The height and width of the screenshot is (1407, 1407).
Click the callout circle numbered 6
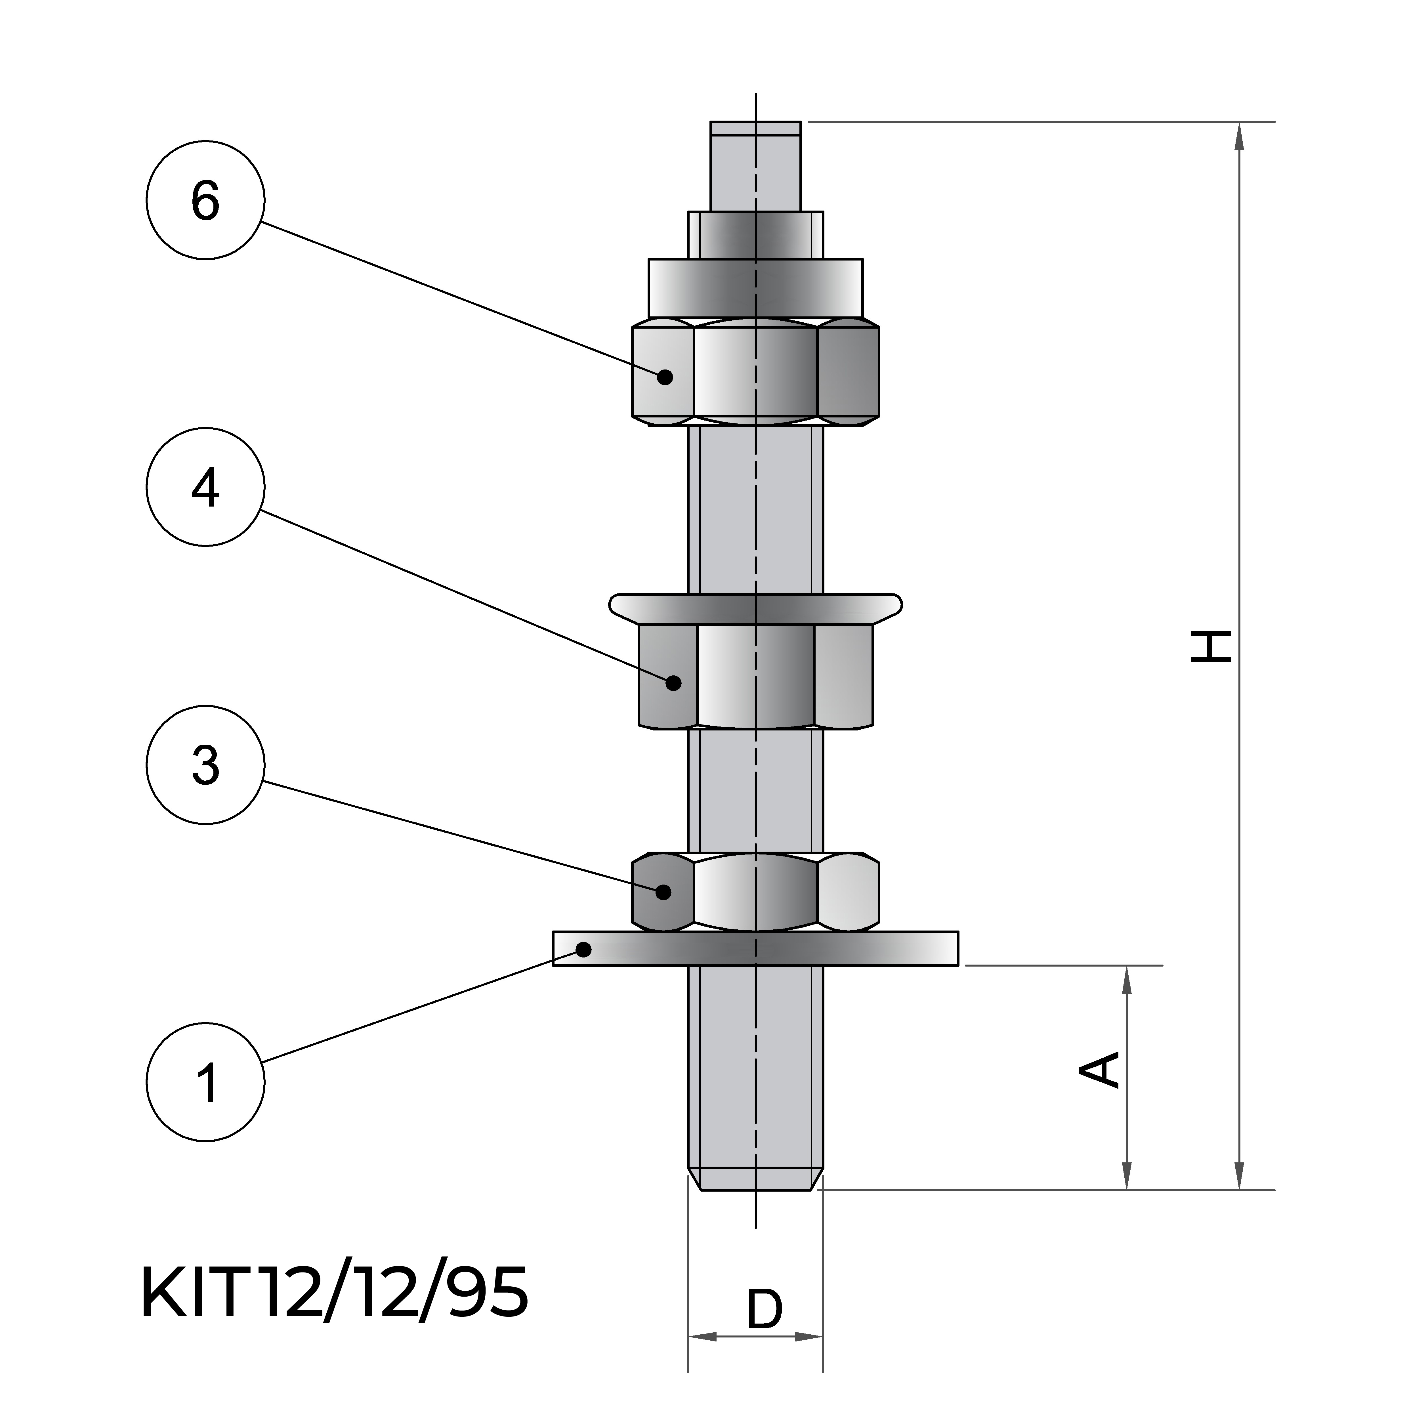click(205, 199)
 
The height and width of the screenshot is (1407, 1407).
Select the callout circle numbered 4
click(205, 486)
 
